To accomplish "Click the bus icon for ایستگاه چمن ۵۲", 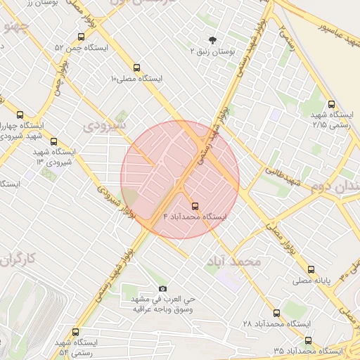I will (82, 37).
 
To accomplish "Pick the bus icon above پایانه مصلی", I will (311, 269).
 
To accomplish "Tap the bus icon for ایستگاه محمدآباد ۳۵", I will (307, 340).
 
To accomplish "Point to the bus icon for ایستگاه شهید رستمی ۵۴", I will (75, 332).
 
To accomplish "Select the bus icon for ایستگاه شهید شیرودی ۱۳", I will (55, 141).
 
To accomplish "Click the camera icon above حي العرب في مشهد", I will (163, 288).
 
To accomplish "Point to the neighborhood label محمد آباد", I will (233, 262).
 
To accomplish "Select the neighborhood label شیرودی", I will (105, 126).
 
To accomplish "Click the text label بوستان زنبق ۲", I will (213, 52).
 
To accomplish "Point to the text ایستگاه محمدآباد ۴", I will (195, 217).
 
